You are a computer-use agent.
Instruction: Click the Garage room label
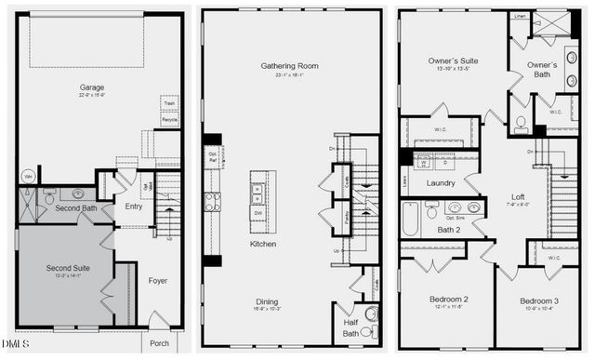pyautogui.click(x=91, y=87)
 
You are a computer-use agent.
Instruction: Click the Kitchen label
pyautogui.click(x=263, y=245)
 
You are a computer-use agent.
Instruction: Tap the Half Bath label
pyautogui.click(x=350, y=327)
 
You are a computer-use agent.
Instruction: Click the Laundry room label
pyautogui.click(x=440, y=183)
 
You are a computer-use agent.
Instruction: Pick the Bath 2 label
pyautogui.click(x=450, y=230)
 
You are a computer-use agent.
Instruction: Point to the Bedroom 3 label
pyautogui.click(x=539, y=302)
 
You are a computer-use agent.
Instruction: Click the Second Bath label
pyautogui.click(x=75, y=207)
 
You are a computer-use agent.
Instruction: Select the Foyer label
pyautogui.click(x=157, y=280)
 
